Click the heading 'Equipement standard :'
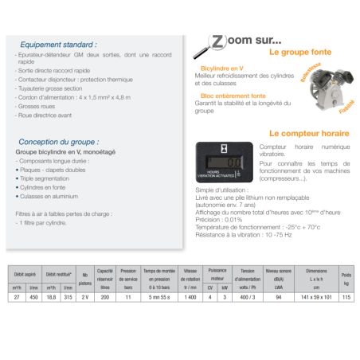click(x=57, y=45)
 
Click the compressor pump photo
click(x=324, y=92)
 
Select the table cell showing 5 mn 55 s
click(x=162, y=296)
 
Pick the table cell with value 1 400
click(x=191, y=296)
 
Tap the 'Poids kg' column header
click(x=346, y=278)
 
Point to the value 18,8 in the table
click(x=51, y=296)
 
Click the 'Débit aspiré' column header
click(x=25, y=273)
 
